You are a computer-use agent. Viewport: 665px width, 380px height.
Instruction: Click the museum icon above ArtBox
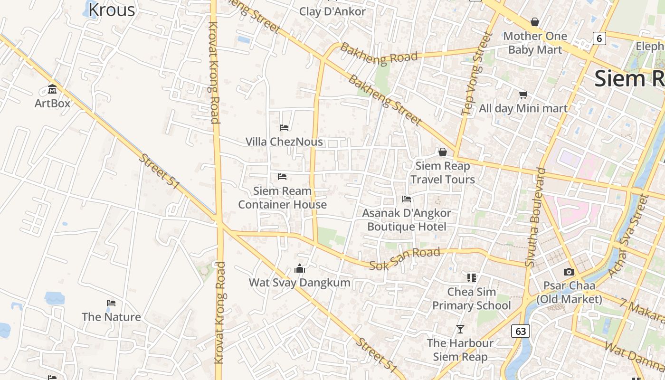click(52, 89)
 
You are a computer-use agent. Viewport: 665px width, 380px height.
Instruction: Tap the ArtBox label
click(52, 103)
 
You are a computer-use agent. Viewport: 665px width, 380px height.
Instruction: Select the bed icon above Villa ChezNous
click(284, 127)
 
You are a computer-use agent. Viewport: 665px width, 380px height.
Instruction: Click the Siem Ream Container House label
click(282, 198)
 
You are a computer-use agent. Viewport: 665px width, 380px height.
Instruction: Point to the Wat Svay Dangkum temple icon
click(299, 269)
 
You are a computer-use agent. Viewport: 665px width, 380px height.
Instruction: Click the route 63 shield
click(521, 331)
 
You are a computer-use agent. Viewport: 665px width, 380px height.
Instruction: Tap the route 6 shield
click(599, 38)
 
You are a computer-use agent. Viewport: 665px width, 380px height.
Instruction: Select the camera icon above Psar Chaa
click(569, 272)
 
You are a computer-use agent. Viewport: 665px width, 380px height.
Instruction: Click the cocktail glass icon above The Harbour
click(460, 329)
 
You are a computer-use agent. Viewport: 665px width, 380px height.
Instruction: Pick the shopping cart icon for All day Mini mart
click(523, 95)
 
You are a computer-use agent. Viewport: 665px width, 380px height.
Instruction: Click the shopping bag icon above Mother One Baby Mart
click(534, 22)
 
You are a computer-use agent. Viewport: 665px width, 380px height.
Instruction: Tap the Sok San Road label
click(405, 259)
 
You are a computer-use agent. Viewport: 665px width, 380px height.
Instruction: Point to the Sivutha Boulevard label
click(536, 217)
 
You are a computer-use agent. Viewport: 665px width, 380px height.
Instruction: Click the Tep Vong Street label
click(475, 74)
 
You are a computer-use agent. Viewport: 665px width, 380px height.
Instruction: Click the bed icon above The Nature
click(111, 303)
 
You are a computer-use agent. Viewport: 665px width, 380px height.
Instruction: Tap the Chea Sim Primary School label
click(471, 299)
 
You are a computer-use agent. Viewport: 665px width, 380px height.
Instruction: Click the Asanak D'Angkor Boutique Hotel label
click(407, 219)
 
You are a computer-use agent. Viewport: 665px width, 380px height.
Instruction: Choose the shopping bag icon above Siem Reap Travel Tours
click(442, 152)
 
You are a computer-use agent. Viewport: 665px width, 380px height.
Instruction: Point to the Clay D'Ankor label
click(332, 11)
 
